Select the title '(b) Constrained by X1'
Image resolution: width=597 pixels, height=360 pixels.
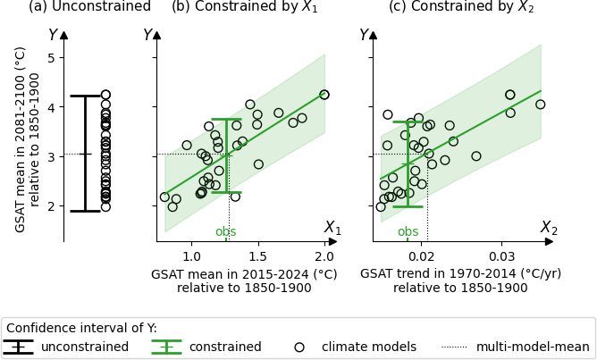point(244,7)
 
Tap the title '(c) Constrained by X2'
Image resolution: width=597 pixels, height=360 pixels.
point(460,7)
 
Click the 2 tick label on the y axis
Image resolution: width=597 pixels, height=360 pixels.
point(51,206)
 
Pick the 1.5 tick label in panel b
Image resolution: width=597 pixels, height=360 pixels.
point(257,256)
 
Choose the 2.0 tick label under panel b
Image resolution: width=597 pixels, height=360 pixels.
point(324,256)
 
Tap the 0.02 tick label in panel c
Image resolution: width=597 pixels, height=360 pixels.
point(423,256)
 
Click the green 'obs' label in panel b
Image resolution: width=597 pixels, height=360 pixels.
point(226,232)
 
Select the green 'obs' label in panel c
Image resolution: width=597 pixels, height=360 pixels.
point(408,232)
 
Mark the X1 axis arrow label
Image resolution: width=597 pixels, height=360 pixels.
point(332,228)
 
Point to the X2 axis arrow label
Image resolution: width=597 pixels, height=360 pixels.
point(549,228)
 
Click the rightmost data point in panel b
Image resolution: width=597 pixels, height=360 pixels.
point(324,95)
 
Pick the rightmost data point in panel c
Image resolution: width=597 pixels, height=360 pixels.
point(540,105)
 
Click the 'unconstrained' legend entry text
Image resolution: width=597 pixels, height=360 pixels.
point(85,347)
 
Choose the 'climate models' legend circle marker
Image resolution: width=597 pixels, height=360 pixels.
point(299,347)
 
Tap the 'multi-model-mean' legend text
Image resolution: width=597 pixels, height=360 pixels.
point(533,347)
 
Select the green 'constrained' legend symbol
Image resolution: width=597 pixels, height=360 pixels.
point(166,347)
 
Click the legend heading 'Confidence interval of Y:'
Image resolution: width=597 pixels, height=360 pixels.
point(81,328)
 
